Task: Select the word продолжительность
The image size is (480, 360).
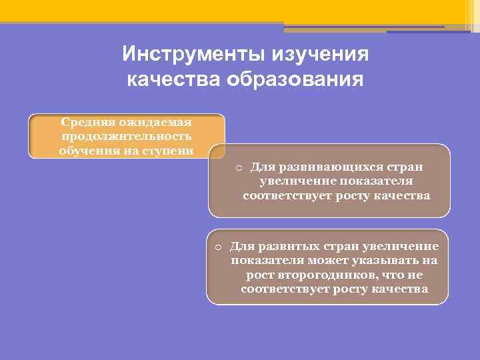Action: tap(127, 136)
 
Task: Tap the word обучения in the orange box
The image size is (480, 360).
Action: tap(84, 150)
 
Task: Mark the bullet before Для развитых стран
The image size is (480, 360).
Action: tap(218, 247)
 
